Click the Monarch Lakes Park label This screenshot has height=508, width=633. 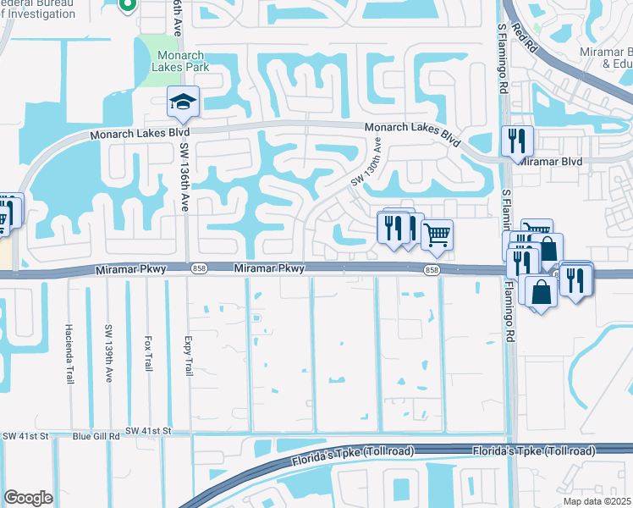(x=179, y=61)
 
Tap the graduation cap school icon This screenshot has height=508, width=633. (x=183, y=103)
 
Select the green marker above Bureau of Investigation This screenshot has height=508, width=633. (x=128, y=5)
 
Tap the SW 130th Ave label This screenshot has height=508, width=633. (x=366, y=164)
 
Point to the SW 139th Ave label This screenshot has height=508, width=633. (x=108, y=354)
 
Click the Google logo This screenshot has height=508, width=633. (x=28, y=497)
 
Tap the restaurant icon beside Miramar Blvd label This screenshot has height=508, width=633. (x=516, y=141)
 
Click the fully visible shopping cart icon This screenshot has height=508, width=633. (x=437, y=235)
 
